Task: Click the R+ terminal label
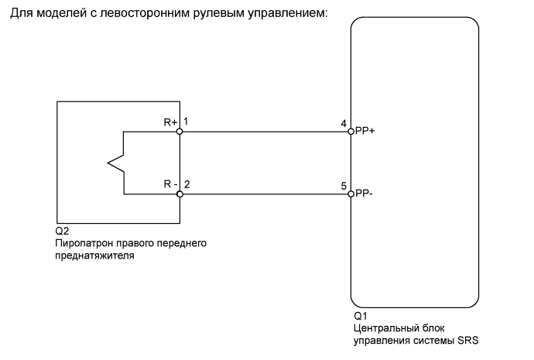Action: click(x=170, y=122)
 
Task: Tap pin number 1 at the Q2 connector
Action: click(x=187, y=122)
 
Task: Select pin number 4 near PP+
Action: click(x=343, y=123)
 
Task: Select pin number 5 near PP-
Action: click(x=343, y=186)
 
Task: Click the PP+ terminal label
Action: click(x=365, y=132)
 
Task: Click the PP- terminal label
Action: click(x=364, y=194)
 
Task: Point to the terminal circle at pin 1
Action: click(x=180, y=132)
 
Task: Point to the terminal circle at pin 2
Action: click(x=180, y=194)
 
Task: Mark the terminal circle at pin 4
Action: click(x=351, y=132)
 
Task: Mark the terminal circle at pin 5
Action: click(x=351, y=194)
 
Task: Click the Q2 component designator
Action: click(x=62, y=231)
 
